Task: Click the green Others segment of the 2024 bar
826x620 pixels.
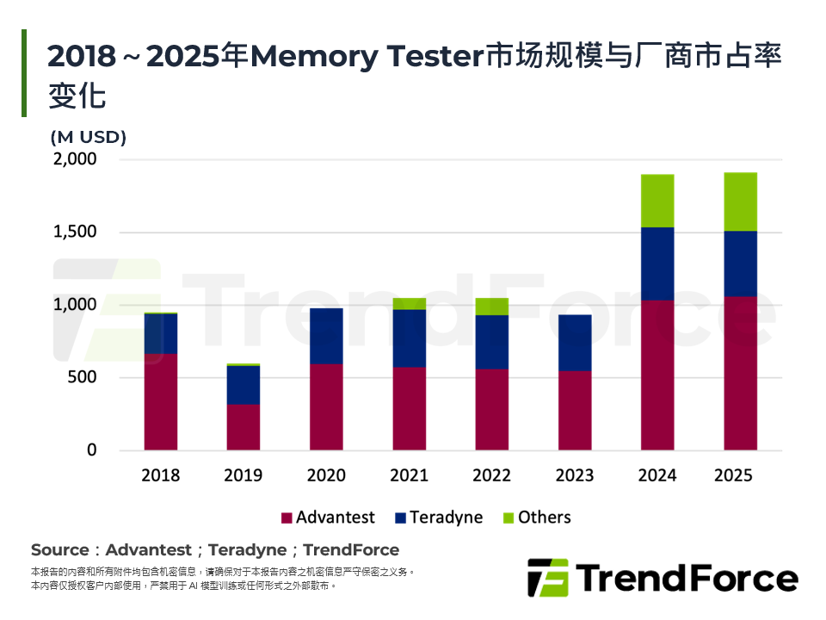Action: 657,201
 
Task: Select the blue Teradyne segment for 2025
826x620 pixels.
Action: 740,263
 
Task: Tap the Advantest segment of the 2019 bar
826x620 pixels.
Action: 243,427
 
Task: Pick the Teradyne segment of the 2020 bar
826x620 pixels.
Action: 326,336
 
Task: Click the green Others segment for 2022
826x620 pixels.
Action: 492,307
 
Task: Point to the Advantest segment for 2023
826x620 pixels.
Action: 575,411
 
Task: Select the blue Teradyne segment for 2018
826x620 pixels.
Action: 161,334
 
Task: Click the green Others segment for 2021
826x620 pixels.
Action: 409,303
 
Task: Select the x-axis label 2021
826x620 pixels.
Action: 409,475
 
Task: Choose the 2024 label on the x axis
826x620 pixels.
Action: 657,475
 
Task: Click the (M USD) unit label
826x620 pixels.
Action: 89,137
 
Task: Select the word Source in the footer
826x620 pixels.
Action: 59,549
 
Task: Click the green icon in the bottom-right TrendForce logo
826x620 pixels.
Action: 547,578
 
